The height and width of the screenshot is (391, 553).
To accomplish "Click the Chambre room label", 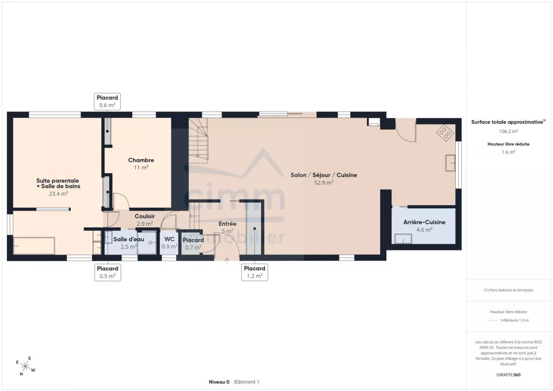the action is tap(141, 160).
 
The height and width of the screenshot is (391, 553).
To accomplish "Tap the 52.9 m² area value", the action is tap(324, 182).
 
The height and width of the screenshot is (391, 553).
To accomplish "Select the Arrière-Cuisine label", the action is tap(424, 222).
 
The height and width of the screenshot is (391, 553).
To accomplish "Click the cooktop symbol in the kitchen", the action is tap(445, 133).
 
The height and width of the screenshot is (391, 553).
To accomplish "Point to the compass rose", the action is tap(25, 366).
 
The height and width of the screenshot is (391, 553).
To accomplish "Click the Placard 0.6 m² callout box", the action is tap(107, 101).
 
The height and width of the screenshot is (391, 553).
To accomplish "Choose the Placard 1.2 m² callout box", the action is tap(254, 272).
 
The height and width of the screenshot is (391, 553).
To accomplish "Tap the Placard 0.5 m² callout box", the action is tap(108, 272).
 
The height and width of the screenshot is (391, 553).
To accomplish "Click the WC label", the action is tap(170, 239).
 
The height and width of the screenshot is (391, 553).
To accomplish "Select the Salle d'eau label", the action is tap(129, 239).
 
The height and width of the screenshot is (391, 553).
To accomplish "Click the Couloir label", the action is tap(145, 216).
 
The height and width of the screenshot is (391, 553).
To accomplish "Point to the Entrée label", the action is tap(227, 224).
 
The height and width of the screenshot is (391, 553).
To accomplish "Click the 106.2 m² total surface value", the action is tap(508, 131).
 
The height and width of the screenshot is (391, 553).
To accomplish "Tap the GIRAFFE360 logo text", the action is tap(508, 375).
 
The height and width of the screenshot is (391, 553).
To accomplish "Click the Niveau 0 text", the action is tap(219, 382).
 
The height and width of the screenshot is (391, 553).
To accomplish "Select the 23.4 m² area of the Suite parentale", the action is tap(58, 193).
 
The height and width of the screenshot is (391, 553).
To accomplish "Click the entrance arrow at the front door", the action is tap(227, 260).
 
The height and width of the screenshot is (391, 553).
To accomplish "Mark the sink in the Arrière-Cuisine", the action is tap(403, 239).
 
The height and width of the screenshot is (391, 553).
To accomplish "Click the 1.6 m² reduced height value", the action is tap(508, 152).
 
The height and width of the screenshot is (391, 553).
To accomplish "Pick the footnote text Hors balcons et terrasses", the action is tap(508, 290).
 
